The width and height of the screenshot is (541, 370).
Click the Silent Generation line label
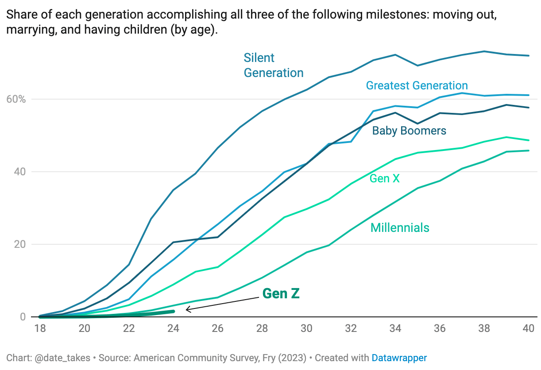click(x=273, y=65)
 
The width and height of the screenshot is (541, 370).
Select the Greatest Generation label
click(x=417, y=85)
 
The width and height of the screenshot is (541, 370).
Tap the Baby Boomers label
click(x=409, y=131)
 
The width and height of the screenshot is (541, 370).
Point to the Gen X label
click(x=384, y=178)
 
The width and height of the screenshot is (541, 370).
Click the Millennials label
click(x=400, y=227)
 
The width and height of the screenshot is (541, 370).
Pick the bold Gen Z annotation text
click(x=281, y=293)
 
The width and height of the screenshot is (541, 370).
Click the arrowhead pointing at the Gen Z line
click(x=187, y=310)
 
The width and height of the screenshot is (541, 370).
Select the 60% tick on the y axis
click(x=17, y=99)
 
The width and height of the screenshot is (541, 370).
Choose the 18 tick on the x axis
click(x=40, y=329)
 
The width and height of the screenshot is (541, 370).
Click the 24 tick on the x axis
click(x=173, y=329)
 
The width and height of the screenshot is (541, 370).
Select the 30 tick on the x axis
click(x=306, y=329)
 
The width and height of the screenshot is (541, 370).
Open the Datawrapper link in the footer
click(x=399, y=358)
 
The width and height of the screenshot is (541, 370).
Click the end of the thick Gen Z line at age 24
click(x=173, y=312)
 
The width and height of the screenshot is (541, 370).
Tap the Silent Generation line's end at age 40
click(x=529, y=56)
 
